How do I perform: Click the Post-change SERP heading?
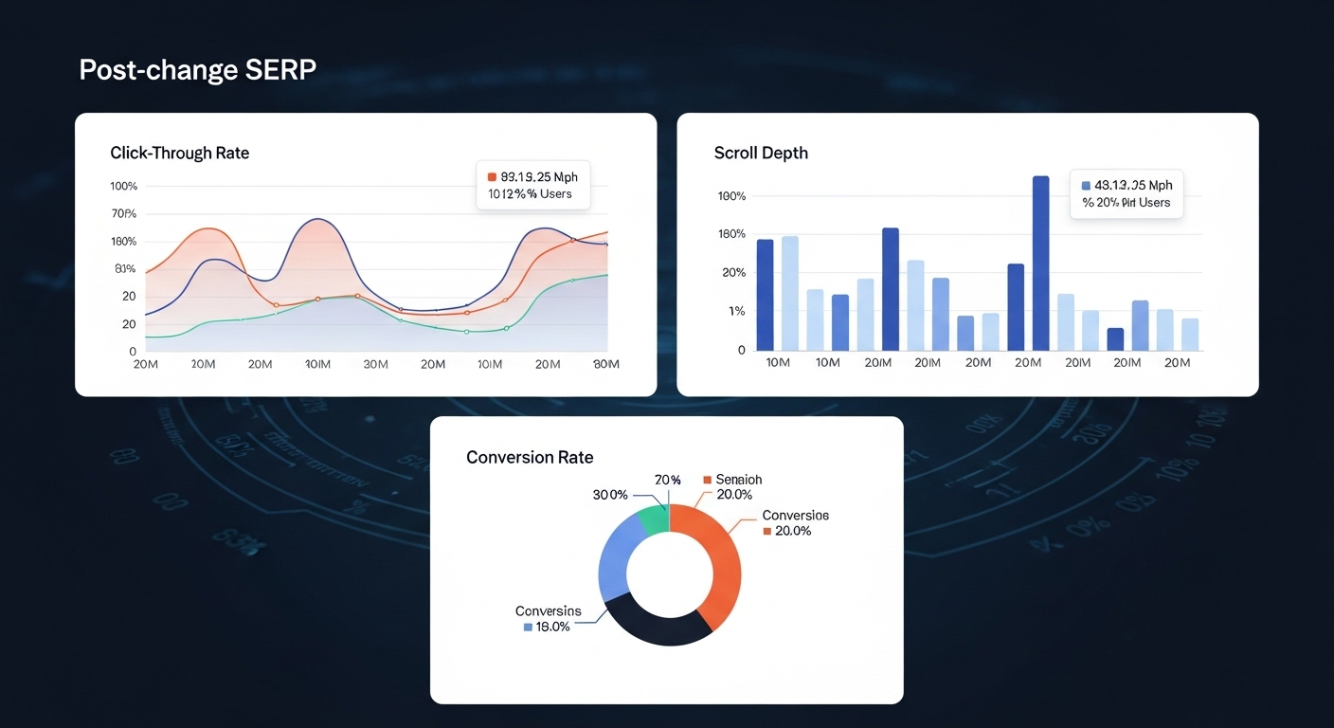click(x=197, y=70)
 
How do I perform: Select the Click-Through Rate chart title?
click(x=179, y=153)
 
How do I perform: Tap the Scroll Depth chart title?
click(x=761, y=153)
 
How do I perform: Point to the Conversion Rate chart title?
click(x=530, y=457)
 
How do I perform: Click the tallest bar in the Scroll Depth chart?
click(x=1040, y=263)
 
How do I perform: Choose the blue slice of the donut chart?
click(x=616, y=559)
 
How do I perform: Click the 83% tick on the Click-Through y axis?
click(x=125, y=269)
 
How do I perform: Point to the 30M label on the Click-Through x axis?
click(x=375, y=365)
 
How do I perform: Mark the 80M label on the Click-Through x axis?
click(x=606, y=365)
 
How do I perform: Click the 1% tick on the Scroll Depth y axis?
click(x=736, y=312)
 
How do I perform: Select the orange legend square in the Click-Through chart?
click(x=492, y=177)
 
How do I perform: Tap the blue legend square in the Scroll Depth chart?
click(x=1086, y=186)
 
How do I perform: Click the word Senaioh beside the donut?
click(x=739, y=480)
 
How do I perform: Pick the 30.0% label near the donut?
click(x=610, y=495)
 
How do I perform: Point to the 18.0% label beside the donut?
click(x=553, y=627)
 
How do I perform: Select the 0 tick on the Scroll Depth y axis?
click(x=741, y=351)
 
